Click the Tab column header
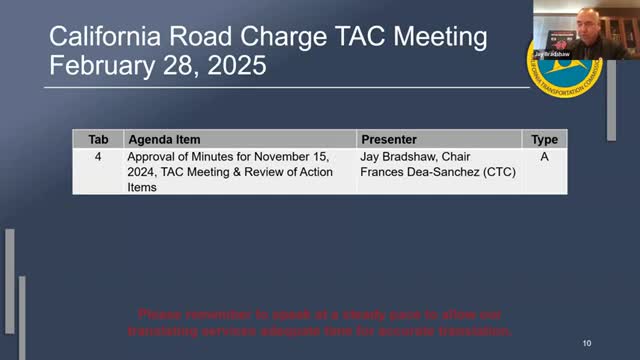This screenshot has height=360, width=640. pyautogui.click(x=98, y=140)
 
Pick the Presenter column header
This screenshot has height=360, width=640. pyautogui.click(x=389, y=140)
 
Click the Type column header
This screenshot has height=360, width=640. pyautogui.click(x=544, y=140)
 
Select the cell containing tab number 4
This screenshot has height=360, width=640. pyautogui.click(x=98, y=157)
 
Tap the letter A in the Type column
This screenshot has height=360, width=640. pyautogui.click(x=544, y=157)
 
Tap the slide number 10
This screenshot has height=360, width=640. pyautogui.click(x=586, y=344)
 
